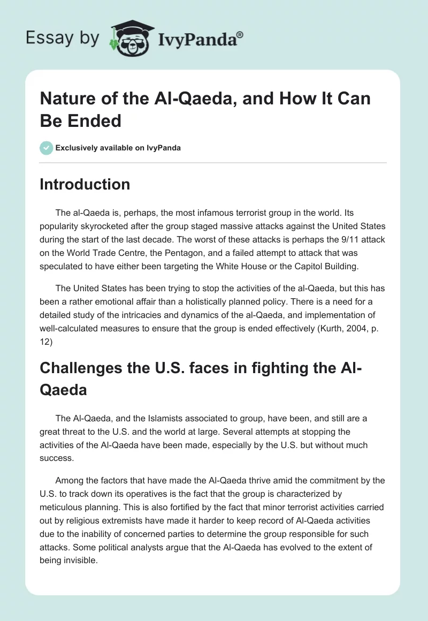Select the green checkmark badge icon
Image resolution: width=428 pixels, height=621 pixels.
coord(46,148)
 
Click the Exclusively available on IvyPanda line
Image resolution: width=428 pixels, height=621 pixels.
coord(118,148)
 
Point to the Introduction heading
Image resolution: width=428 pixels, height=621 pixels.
coord(85,184)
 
